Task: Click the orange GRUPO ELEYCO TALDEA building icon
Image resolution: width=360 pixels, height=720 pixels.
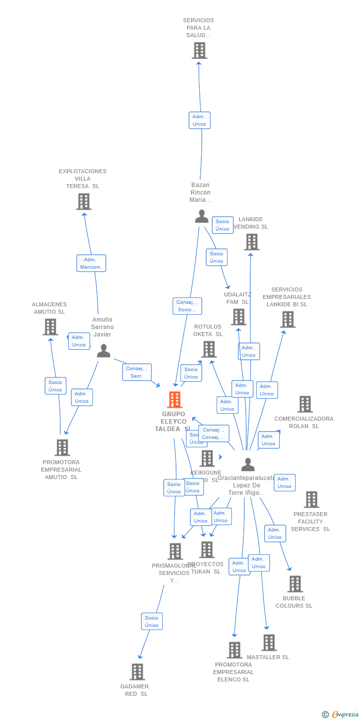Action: [x=175, y=399]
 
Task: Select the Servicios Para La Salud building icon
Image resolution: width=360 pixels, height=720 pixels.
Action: [x=199, y=50]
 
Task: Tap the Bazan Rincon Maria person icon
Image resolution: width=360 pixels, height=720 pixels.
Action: [x=201, y=216]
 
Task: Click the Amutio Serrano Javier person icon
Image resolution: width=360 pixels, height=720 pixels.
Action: [x=103, y=350]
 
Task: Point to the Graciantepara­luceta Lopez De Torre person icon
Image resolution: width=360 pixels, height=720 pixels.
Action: [x=248, y=465]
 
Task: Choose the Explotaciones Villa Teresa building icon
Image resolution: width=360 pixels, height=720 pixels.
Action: [x=84, y=201]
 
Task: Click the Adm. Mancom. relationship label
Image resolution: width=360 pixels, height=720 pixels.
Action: [x=91, y=263]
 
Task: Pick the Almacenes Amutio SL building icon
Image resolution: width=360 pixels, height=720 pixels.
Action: [x=50, y=327]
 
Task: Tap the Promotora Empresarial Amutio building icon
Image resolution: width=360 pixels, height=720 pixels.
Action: [x=62, y=447]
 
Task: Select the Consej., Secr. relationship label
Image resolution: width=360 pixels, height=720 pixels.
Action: [x=136, y=372]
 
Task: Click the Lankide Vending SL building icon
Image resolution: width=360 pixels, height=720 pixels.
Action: [x=251, y=242]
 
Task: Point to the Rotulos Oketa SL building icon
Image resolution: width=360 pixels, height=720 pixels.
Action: [x=209, y=349]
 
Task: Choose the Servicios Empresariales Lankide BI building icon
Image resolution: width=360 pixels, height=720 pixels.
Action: [x=287, y=320]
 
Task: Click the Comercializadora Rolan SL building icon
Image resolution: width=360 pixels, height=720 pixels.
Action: [x=305, y=404]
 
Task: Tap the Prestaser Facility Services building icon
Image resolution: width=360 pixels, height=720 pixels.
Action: [x=311, y=500]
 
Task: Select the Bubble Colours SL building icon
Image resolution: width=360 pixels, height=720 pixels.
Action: [x=295, y=584]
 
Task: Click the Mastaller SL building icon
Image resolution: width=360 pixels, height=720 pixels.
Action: [x=269, y=643]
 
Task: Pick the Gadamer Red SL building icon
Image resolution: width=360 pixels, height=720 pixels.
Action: [x=137, y=672]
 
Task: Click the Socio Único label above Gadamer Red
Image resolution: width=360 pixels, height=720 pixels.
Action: [x=151, y=622]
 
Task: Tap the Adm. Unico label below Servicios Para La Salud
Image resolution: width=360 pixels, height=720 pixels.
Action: [x=199, y=120]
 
